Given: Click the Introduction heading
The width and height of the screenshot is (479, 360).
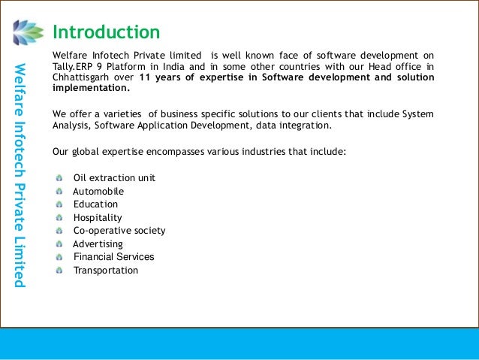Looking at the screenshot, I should coord(106,32).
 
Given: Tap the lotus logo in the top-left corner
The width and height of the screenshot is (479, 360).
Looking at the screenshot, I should coord(29,32).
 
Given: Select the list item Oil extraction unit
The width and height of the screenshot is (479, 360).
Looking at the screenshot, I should coord(114,178).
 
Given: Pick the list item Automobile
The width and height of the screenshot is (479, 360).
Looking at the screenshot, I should coord(98,192).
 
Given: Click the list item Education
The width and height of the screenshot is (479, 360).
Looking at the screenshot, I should coord(95,204).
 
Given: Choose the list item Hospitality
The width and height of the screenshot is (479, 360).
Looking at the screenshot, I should coord(98,218).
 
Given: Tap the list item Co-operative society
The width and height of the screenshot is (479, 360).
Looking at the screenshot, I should coord(119,231).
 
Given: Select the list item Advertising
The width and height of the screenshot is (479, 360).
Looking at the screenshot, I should coord(98,244).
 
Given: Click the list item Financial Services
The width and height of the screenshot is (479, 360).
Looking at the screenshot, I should coord(113,257).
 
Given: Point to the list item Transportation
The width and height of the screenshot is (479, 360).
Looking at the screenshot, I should coord(106,271).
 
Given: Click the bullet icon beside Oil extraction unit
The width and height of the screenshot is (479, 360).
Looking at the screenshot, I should coord(59,178).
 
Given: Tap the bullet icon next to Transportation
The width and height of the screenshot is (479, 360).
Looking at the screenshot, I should coord(59,271).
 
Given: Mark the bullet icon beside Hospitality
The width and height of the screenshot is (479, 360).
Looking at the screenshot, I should coord(59,218).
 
